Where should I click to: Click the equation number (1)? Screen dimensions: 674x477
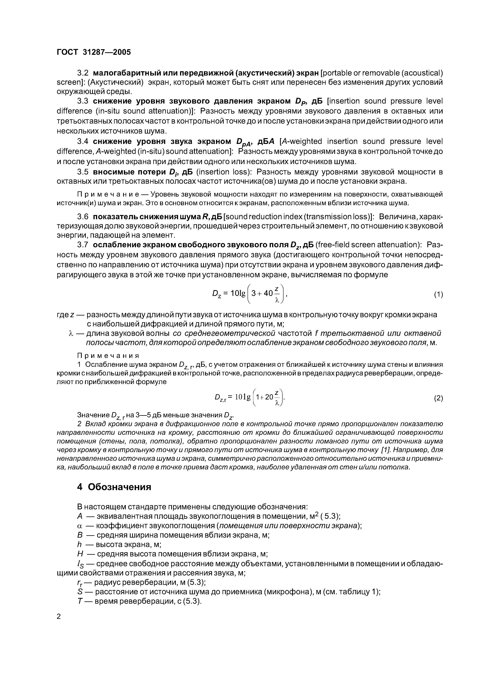coord(438,294)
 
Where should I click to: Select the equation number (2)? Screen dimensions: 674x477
coord(438,398)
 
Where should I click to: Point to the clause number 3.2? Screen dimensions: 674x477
coord(83,72)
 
